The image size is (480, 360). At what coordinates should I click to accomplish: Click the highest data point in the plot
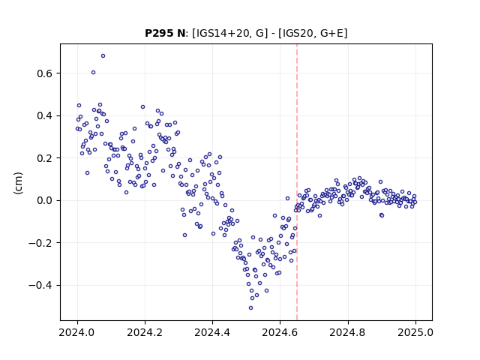[103, 56]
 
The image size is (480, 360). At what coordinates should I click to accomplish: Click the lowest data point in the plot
[250, 308]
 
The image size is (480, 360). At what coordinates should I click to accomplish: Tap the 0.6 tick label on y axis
[45, 73]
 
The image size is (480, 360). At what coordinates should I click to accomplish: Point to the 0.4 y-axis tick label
[45, 115]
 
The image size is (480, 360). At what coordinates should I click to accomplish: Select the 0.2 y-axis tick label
[45, 158]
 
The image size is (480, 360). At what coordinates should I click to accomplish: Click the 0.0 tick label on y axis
[45, 200]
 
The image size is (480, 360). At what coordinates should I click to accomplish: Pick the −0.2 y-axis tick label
[41, 243]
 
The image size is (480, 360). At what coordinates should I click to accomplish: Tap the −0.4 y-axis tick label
[41, 285]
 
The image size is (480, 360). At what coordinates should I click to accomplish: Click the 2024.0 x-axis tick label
[77, 332]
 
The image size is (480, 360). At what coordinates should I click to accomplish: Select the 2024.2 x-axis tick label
[145, 332]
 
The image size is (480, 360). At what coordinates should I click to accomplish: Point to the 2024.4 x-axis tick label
[212, 332]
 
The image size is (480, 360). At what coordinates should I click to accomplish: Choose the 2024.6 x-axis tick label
[280, 332]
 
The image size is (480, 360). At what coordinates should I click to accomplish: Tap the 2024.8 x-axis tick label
[348, 332]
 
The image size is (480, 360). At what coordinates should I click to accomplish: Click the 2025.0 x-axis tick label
[415, 332]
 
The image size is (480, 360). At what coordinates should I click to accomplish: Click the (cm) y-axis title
[18, 183]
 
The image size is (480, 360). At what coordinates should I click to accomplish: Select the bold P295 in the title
[160, 33]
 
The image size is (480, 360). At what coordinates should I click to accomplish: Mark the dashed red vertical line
[297, 182]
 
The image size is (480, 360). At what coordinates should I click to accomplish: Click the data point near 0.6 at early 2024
[93, 73]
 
